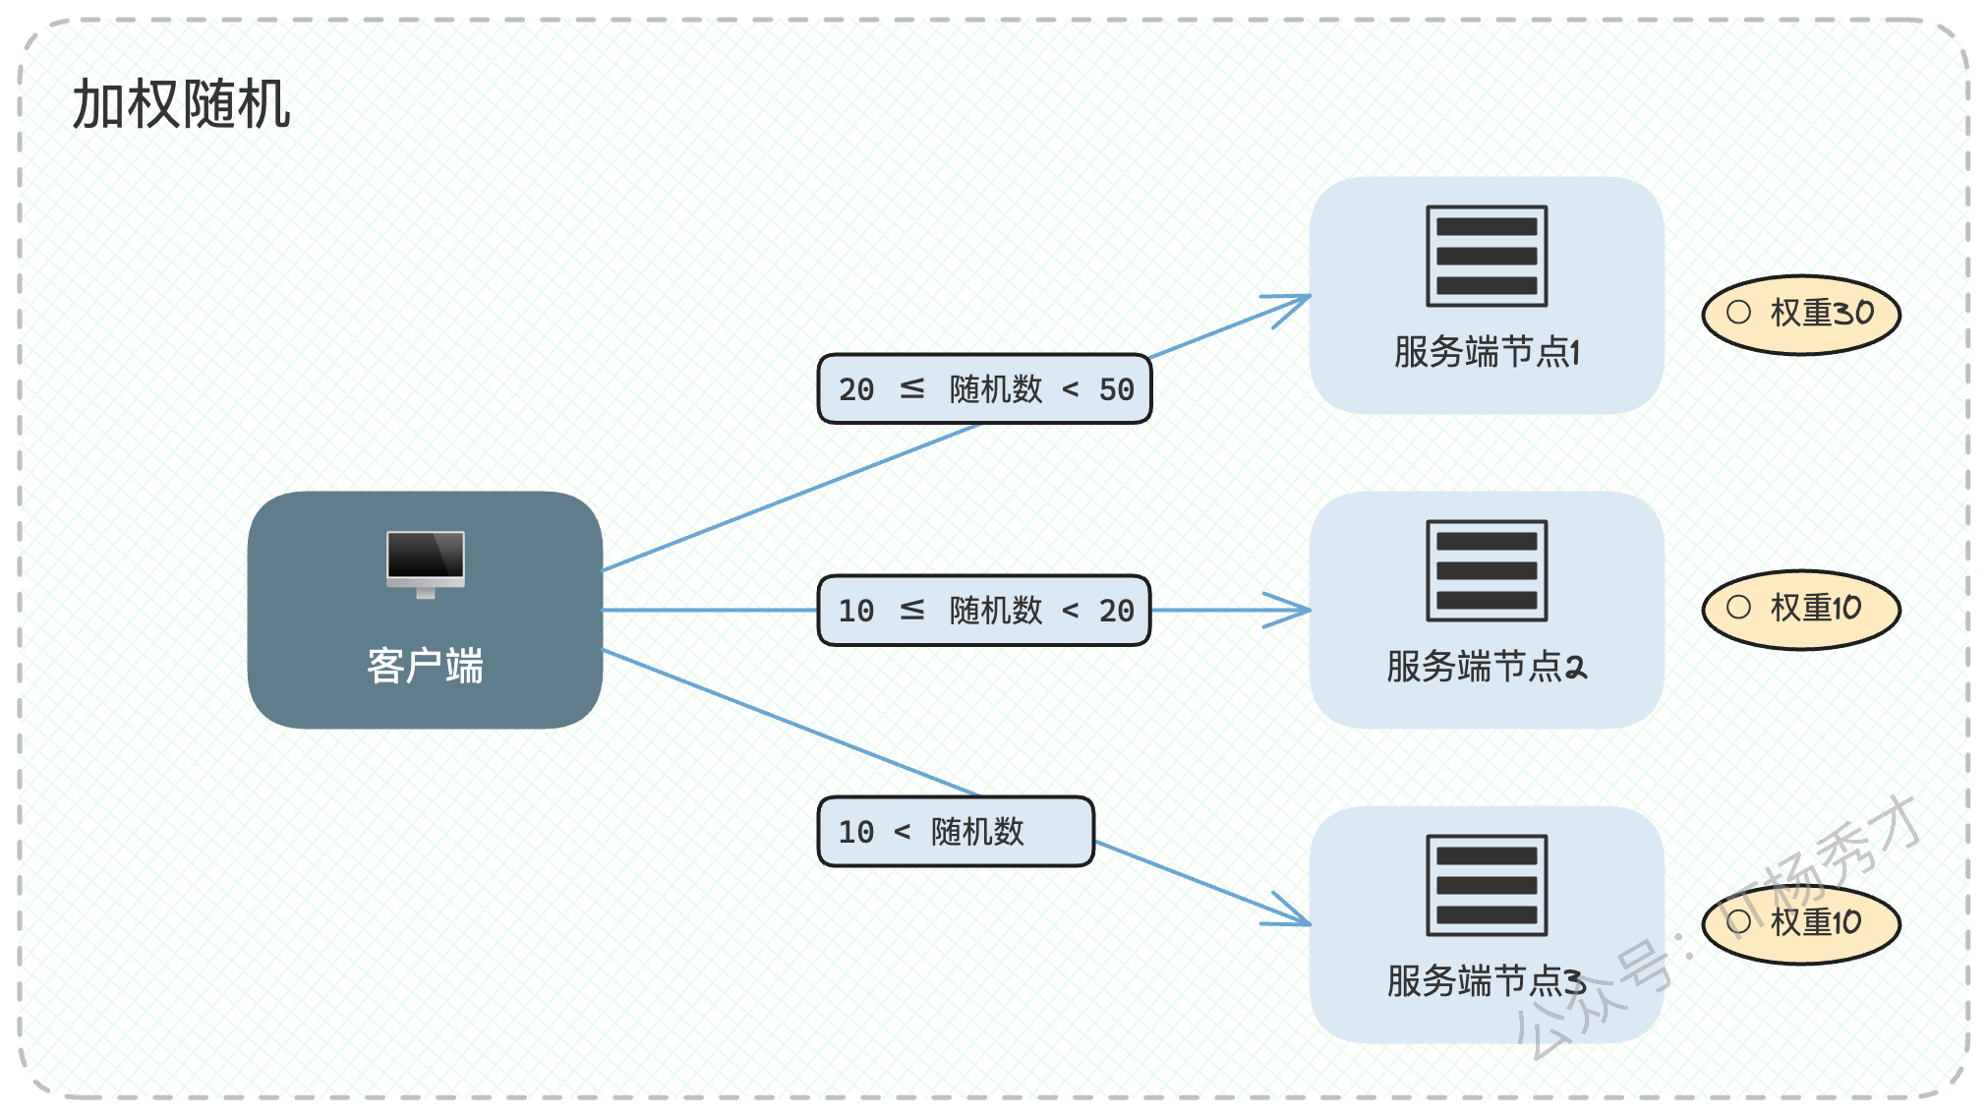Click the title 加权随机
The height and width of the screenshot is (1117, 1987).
click(x=182, y=104)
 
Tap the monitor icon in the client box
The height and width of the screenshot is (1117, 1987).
click(x=426, y=564)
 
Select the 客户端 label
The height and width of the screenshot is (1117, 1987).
click(x=426, y=666)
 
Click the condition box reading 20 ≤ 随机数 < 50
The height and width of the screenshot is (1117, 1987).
click(x=984, y=389)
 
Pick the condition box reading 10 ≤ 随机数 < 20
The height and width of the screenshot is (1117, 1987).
click(x=984, y=611)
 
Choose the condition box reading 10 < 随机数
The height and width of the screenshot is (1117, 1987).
click(x=956, y=832)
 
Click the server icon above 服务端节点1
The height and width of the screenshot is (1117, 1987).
click(x=1487, y=256)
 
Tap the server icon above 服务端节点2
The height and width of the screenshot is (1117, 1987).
click(x=1487, y=570)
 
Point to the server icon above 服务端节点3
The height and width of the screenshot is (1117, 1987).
click(x=1487, y=885)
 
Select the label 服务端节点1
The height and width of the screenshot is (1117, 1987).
click(x=1487, y=351)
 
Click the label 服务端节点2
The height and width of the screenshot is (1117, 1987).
click(x=1487, y=666)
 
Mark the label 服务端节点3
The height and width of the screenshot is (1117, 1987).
click(x=1487, y=980)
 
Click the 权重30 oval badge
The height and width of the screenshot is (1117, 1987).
click(x=1801, y=314)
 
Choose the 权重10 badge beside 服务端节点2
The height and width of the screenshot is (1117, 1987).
click(x=1801, y=610)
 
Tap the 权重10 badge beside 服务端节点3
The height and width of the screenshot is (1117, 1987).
click(x=1801, y=924)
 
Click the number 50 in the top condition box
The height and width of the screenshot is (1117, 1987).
click(x=1117, y=389)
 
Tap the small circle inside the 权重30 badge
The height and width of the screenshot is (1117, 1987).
click(x=1738, y=312)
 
